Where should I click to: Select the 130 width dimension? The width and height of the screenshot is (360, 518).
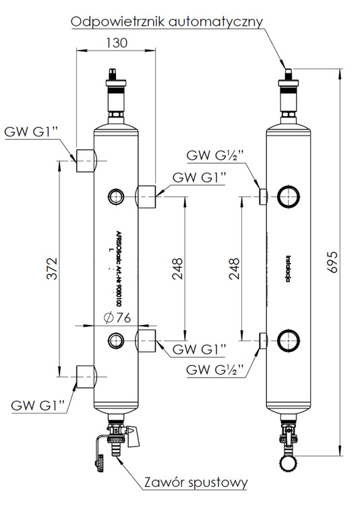click(115, 43)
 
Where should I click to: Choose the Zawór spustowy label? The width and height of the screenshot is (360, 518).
click(196, 483)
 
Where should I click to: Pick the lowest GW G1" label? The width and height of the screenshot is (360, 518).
click(38, 405)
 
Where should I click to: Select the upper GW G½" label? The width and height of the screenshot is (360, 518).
click(215, 156)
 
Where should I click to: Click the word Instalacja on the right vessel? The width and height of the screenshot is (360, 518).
click(288, 266)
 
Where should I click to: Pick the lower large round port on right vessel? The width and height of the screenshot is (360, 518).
click(289, 339)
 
